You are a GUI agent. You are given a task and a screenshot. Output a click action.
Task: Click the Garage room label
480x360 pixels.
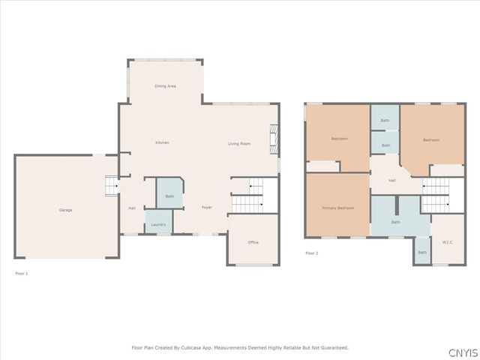(66, 210)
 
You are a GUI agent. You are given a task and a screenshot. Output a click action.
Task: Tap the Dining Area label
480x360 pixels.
(165, 86)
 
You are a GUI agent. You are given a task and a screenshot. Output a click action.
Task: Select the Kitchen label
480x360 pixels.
(162, 142)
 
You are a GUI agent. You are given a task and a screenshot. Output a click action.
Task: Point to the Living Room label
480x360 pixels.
(239, 143)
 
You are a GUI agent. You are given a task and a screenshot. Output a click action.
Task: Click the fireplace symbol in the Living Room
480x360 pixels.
(274, 139)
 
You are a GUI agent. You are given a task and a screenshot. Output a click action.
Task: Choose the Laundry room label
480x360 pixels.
(158, 224)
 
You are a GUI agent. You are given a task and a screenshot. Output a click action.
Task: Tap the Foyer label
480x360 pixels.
(207, 207)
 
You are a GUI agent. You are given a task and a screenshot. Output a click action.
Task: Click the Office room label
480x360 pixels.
(253, 242)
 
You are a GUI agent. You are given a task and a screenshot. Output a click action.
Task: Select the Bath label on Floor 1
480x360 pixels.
(169, 196)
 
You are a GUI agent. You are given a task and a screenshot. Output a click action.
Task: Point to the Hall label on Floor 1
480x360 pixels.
(132, 208)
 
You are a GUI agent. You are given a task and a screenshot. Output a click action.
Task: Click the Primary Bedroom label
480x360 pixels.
(337, 208)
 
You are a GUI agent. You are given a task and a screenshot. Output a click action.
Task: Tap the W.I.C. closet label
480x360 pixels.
(448, 241)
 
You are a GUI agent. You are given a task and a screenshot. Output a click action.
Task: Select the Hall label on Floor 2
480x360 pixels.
(391, 181)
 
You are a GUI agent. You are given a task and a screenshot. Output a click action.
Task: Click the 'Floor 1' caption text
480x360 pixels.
(21, 274)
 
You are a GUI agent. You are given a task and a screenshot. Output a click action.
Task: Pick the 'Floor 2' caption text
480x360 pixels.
(311, 253)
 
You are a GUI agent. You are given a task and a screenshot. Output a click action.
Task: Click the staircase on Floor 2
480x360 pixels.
(436, 195)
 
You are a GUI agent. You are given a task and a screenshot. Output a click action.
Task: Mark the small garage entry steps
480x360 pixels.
(112, 184)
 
